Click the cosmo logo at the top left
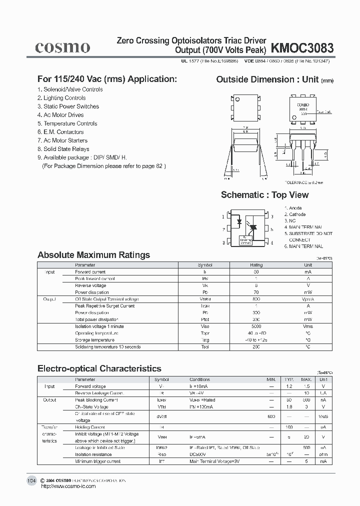click(x=62, y=47)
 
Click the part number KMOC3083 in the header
click(x=302, y=48)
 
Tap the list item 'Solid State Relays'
click(x=63, y=149)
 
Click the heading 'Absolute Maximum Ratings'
click(x=93, y=255)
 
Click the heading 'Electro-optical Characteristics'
click(x=99, y=368)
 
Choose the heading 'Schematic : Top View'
click(x=264, y=195)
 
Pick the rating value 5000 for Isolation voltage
click(x=256, y=326)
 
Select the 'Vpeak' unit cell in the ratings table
click(x=308, y=299)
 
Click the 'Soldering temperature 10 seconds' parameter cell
click(x=107, y=347)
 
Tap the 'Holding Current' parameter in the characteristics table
click(x=90, y=427)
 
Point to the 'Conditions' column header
click(x=199, y=379)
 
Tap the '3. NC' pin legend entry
click(x=290, y=220)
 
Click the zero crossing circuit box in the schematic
click(x=246, y=240)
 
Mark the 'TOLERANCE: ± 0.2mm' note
click(x=304, y=183)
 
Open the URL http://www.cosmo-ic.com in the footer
click(x=67, y=486)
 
